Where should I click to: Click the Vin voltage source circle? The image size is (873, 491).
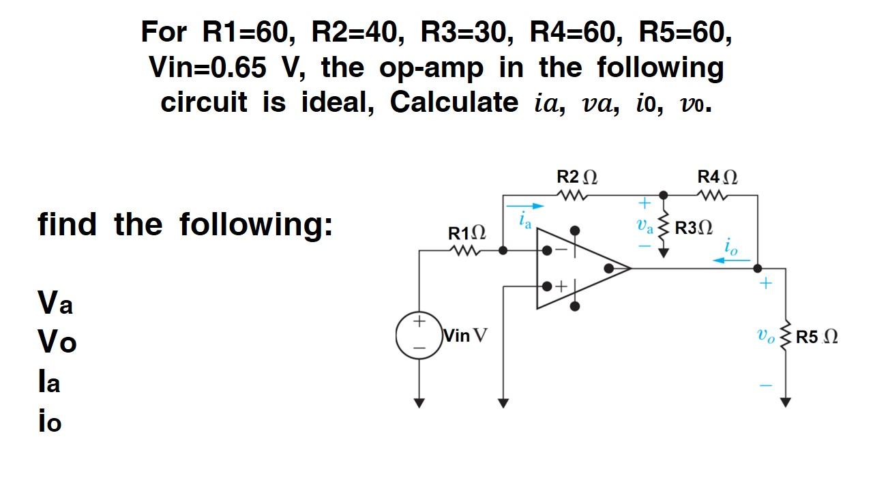(419, 335)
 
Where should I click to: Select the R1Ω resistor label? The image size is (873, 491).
(467, 234)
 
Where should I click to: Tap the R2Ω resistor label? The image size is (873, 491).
(576, 177)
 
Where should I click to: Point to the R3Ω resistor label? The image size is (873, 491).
(693, 228)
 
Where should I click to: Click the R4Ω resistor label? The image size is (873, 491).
(717, 177)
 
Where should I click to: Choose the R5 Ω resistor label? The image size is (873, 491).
(816, 337)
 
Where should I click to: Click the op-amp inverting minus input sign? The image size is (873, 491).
(561, 250)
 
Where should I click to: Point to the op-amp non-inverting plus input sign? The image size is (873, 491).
(561, 286)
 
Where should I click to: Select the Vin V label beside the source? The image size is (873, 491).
(465, 336)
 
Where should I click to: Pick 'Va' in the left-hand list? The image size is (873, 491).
(55, 302)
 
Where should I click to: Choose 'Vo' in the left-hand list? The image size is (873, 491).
(57, 342)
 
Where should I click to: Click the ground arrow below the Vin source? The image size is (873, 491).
(419, 402)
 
